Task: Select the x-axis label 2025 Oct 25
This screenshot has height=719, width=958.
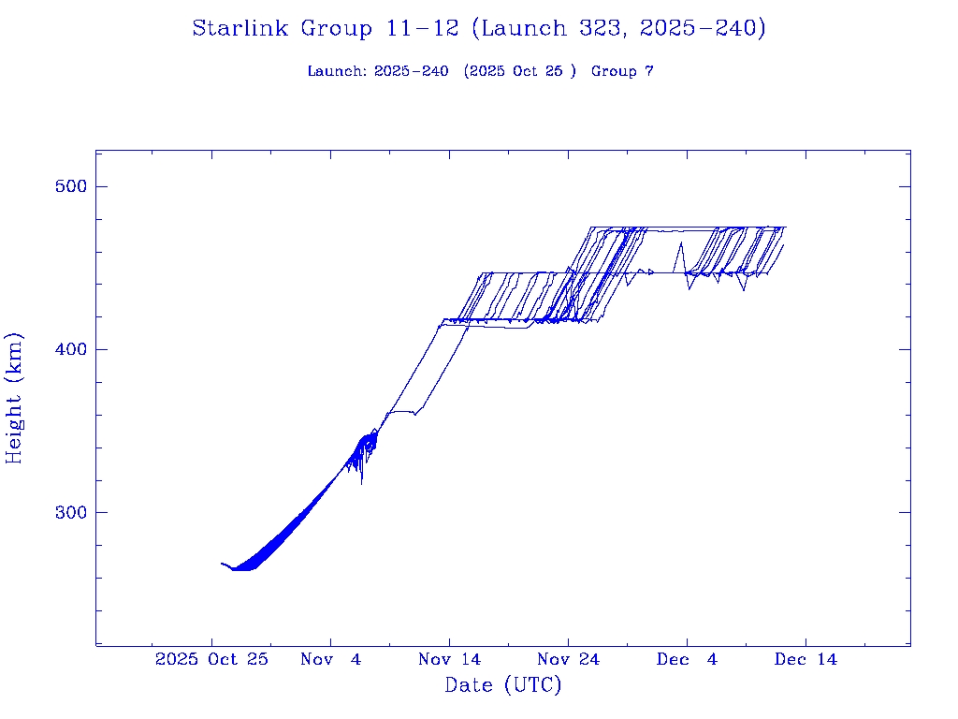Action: [x=211, y=659]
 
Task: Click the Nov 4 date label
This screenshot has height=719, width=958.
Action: [x=330, y=659]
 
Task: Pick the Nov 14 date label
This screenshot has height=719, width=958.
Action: [x=449, y=659]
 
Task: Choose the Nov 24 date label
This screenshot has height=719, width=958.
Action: [x=568, y=659]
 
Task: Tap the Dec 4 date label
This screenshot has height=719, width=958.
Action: [x=687, y=659]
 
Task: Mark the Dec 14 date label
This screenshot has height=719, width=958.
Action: [x=806, y=659]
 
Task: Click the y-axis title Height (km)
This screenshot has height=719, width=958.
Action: [x=15, y=398]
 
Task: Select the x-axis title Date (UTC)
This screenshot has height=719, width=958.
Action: [x=503, y=686]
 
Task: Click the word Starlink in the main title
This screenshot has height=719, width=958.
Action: [x=241, y=29]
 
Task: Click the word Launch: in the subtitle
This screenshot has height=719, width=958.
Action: [x=337, y=72]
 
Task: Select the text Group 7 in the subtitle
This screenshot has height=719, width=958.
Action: [x=622, y=72]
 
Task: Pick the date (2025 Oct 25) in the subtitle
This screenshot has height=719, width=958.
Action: [x=520, y=72]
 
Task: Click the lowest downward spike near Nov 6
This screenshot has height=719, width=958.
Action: [x=361, y=483]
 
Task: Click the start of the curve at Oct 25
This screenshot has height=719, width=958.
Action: [x=222, y=564]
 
